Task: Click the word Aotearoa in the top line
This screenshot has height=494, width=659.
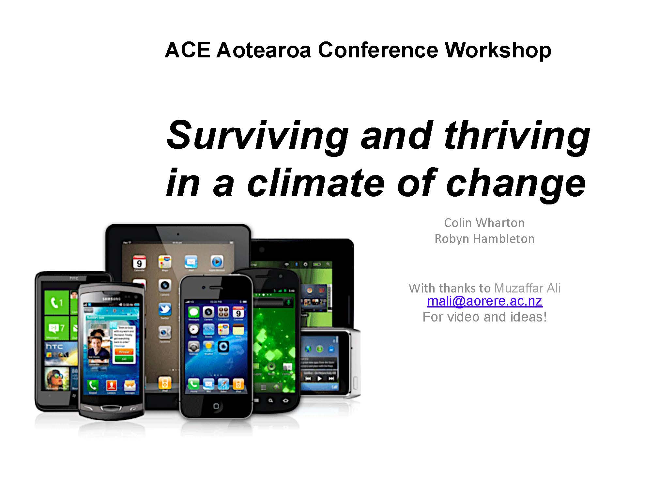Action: pos(264,51)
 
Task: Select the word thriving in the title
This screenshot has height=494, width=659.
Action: pos(517,135)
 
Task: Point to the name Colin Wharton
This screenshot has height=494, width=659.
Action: pos(484,223)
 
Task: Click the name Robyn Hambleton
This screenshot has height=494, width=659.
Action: pos(484,239)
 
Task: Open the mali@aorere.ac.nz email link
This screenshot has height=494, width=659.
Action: pos(484,301)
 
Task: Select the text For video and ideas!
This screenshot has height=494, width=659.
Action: pos(484,317)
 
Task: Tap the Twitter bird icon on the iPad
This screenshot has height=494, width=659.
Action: pos(165,309)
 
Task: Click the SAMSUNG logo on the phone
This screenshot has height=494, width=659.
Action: pos(112,299)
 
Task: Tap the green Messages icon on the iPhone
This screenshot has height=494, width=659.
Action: pos(193,312)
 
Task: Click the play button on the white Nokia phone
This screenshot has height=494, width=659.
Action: pos(319,379)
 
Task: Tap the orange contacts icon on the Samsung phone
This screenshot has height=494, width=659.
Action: pos(111,385)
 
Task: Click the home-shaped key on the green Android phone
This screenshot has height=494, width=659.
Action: pos(286,400)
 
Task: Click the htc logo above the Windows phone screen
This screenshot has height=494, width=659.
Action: pos(74,278)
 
